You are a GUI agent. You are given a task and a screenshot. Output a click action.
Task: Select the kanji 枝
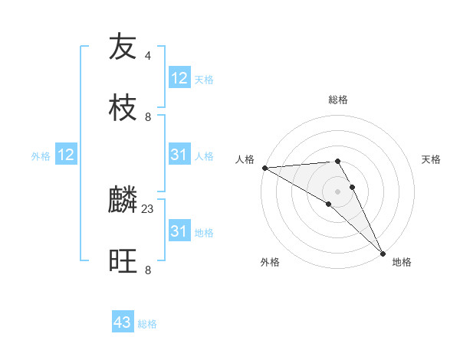click(123, 106)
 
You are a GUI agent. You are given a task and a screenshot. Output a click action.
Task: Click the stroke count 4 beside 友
click(148, 56)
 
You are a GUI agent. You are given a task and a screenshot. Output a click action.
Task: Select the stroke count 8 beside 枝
click(148, 116)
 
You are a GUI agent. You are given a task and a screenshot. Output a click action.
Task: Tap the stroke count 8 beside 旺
click(148, 270)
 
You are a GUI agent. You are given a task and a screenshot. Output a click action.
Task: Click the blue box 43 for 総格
click(123, 322)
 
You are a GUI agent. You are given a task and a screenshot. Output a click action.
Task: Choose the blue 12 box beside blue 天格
click(179, 78)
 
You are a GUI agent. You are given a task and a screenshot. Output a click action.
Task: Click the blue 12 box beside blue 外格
click(66, 155)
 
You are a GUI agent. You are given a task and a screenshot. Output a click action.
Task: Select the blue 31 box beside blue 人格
click(179, 155)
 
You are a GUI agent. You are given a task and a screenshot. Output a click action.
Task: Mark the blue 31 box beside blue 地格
click(179, 231)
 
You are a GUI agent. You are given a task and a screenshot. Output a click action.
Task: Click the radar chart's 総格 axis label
click(338, 100)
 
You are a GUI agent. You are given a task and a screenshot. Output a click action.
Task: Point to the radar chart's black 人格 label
click(244, 159)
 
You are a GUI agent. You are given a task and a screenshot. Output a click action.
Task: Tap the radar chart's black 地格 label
click(402, 262)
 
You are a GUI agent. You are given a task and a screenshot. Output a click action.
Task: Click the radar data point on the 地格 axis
click(383, 254)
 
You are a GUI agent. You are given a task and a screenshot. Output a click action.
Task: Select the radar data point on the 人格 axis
click(264, 168)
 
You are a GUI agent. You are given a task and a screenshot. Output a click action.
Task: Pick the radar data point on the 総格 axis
click(337, 161)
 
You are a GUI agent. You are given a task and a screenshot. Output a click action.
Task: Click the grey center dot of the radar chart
click(338, 191)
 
